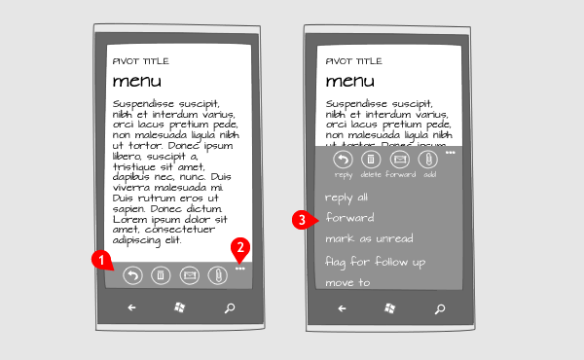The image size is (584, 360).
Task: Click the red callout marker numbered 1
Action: pos(101,259)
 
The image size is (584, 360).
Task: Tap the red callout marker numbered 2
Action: pos(240,247)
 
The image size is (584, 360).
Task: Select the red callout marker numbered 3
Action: pos(302,220)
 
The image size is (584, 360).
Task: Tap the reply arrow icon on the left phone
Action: pos(133,276)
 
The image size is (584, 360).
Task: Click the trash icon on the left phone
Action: pos(161,275)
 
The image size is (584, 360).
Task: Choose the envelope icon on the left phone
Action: pos(190,275)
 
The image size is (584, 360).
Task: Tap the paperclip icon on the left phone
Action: pos(217,276)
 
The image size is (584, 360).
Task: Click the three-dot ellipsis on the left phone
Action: pos(240,269)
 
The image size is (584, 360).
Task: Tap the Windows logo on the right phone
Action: pos(389,308)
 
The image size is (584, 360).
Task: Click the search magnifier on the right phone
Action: pos(440,308)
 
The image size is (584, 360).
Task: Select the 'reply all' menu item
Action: pos(347,198)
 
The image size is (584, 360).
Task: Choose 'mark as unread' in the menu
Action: pos(369,238)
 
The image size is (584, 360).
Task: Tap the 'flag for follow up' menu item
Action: pos(375,262)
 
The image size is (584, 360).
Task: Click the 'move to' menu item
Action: pos(347,282)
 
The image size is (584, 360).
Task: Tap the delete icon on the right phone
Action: pos(371,160)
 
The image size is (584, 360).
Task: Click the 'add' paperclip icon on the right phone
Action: pos(428,160)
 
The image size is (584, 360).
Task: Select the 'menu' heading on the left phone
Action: pos(137,81)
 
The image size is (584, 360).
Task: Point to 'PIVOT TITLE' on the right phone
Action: pos(354,61)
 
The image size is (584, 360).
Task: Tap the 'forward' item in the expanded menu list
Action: pos(349,217)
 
